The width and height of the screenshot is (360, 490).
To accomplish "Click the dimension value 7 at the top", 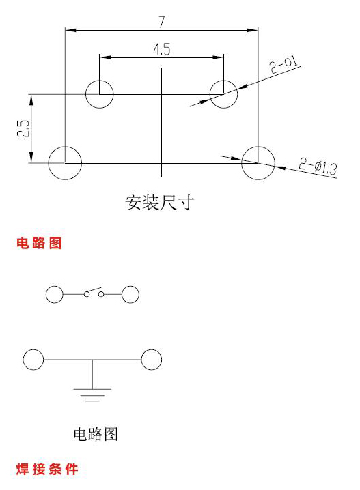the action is [x=161, y=22].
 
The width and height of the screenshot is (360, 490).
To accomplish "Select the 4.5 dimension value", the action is [x=162, y=49].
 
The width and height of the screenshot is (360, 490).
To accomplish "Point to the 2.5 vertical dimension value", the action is [x=23, y=128].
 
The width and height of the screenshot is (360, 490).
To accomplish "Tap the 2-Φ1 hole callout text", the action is [x=283, y=64].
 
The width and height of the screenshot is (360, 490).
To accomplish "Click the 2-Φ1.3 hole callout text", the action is [x=318, y=167].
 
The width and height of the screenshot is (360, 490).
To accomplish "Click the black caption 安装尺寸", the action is [x=160, y=203].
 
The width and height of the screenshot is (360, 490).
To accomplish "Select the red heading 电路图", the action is [x=39, y=243].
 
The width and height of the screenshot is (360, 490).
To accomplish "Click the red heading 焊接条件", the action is [x=47, y=469].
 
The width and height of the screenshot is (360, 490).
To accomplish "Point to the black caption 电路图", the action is [x=96, y=434].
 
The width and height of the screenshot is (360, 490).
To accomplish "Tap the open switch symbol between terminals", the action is [x=94, y=293].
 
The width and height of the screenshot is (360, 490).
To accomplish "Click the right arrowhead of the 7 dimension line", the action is [x=253, y=30].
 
